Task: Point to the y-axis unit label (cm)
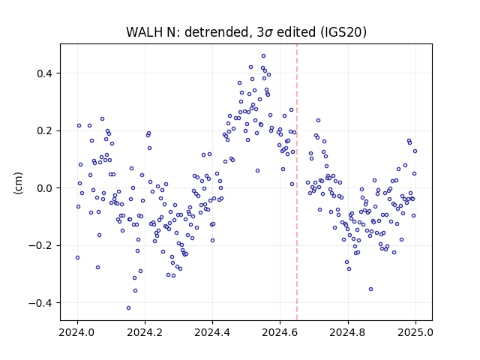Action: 18,182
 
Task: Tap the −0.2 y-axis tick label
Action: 42,246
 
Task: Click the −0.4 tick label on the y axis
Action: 42,303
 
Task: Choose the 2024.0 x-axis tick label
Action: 77,332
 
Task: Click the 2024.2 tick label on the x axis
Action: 145,332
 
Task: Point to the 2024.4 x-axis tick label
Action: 212,332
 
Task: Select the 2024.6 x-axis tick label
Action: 280,332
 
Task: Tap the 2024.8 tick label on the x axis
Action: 348,332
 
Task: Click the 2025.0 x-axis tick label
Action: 415,332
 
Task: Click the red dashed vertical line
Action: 297,182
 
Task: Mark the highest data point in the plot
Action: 263,56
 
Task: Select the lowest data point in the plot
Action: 128,308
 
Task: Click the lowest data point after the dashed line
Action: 370,289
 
